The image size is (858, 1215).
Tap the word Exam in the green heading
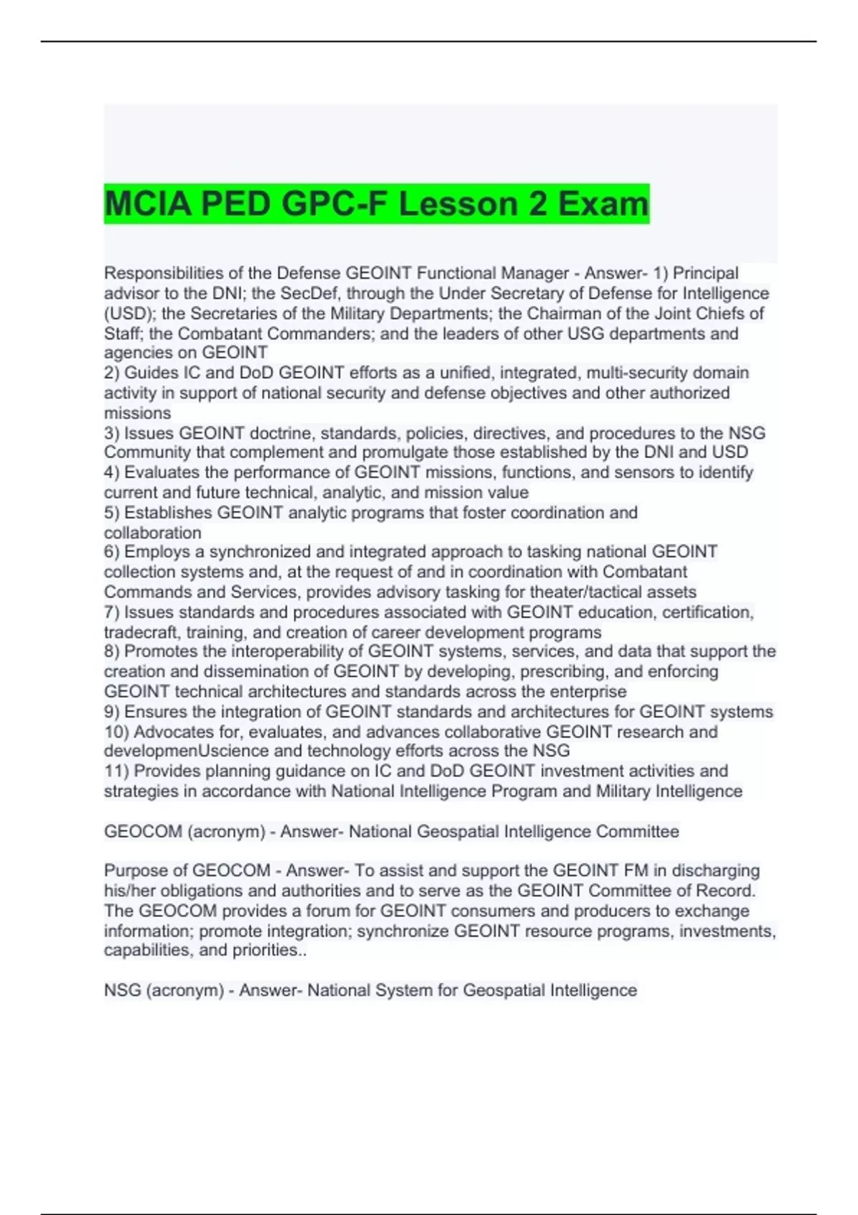click(603, 204)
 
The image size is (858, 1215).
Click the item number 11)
click(117, 771)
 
